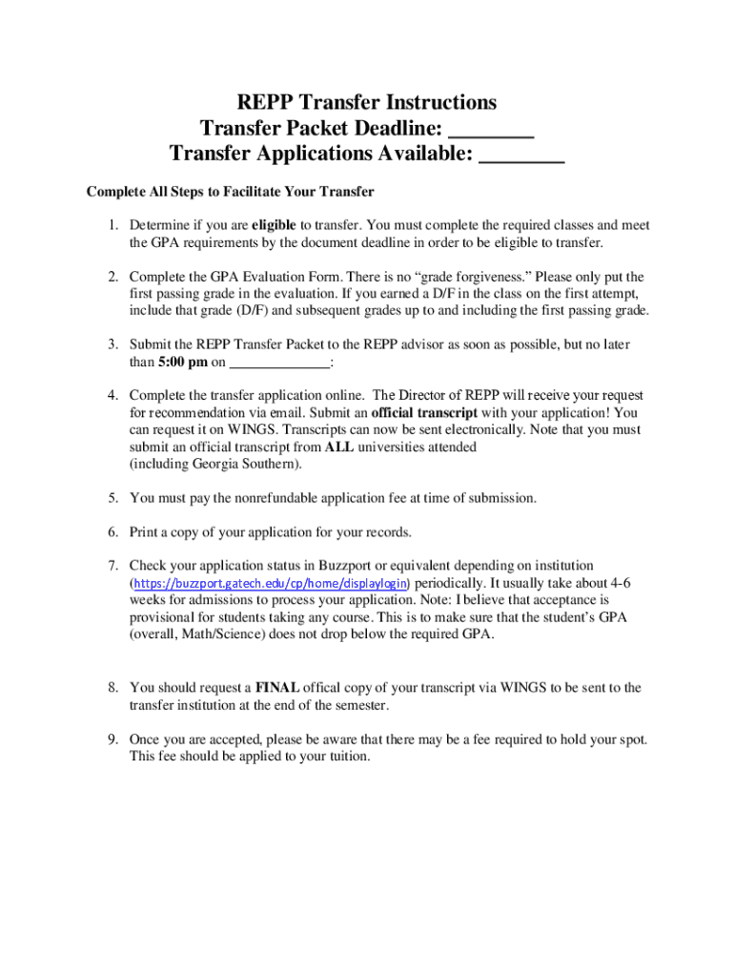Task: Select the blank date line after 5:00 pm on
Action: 280,363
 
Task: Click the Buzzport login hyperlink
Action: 270,583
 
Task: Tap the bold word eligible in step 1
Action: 275,225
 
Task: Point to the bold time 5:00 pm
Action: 181,363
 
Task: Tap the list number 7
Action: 112,565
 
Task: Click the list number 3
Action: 112,344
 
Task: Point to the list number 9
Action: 112,739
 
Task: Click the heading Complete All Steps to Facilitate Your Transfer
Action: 230,192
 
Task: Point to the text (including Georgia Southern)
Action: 215,465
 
